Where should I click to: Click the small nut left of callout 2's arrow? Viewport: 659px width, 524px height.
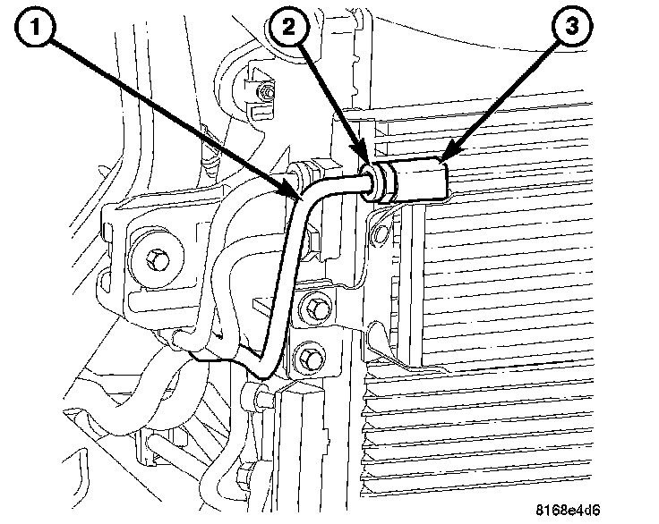click(265, 92)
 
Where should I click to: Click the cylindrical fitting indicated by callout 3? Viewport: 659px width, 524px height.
click(421, 178)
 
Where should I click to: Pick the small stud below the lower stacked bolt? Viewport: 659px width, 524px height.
click(261, 394)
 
